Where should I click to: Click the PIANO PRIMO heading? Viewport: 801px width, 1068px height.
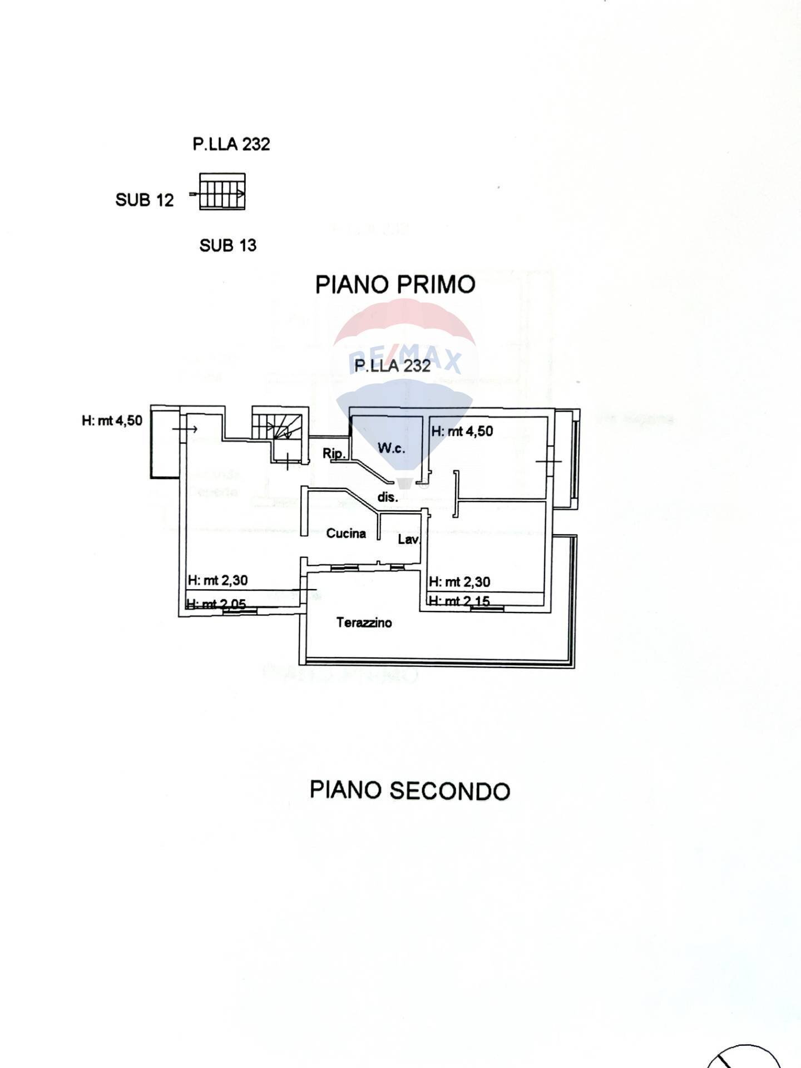point(395,284)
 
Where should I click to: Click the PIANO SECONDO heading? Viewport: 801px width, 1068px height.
point(409,790)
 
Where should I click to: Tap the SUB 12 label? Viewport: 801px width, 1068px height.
point(145,200)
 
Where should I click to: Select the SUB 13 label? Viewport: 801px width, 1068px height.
point(228,245)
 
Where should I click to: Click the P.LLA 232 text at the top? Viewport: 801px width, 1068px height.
point(231,144)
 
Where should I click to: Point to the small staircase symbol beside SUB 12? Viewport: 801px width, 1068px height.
point(222,192)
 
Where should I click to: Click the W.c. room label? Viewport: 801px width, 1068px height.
point(391,448)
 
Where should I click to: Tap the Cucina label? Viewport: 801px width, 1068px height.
point(346,533)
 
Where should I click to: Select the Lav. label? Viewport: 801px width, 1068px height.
point(409,539)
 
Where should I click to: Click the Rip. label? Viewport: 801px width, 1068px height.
point(334,453)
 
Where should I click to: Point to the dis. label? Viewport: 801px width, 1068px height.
point(388,497)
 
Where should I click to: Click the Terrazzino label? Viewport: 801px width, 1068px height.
point(364,622)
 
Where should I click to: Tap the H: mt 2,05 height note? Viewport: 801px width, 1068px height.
point(216,604)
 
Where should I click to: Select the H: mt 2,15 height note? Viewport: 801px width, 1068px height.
point(459,601)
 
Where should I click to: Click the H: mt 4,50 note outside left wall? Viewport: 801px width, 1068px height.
point(112,421)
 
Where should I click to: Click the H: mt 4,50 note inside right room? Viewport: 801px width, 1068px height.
point(462,431)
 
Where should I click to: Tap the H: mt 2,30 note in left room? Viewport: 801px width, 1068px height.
point(217,580)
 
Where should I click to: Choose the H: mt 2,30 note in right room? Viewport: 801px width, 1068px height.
point(459,582)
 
